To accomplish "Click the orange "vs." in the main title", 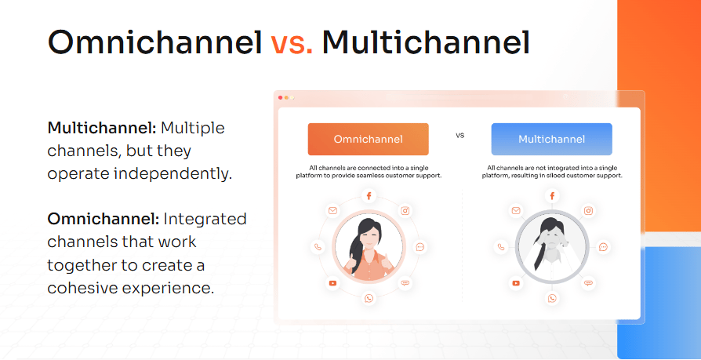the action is pyautogui.click(x=292, y=43).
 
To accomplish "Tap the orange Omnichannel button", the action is pyautogui.click(x=369, y=139).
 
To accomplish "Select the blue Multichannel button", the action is pyautogui.click(x=552, y=139).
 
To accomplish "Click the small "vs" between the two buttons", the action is pyautogui.click(x=460, y=135).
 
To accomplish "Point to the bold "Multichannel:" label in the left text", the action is pyautogui.click(x=102, y=128).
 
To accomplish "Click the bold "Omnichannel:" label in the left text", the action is pyautogui.click(x=104, y=219).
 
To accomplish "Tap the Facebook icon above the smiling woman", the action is pyautogui.click(x=369, y=196).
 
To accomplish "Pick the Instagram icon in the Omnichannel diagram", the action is pyautogui.click(x=405, y=211).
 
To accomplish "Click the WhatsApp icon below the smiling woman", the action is pyautogui.click(x=369, y=298).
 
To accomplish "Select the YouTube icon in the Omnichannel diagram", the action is pyautogui.click(x=332, y=283).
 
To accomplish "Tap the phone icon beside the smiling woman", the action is pyautogui.click(x=318, y=247).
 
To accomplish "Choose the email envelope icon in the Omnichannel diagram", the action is pyautogui.click(x=332, y=211).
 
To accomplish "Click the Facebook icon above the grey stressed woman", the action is pyautogui.click(x=552, y=196).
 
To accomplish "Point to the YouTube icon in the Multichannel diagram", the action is pyautogui.click(x=516, y=283).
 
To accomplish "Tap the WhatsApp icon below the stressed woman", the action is pyautogui.click(x=552, y=298).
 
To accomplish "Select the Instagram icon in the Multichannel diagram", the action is pyautogui.click(x=588, y=211).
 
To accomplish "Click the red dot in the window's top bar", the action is pyautogui.click(x=280, y=97).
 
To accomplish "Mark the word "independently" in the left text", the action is pyautogui.click(x=173, y=173).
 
